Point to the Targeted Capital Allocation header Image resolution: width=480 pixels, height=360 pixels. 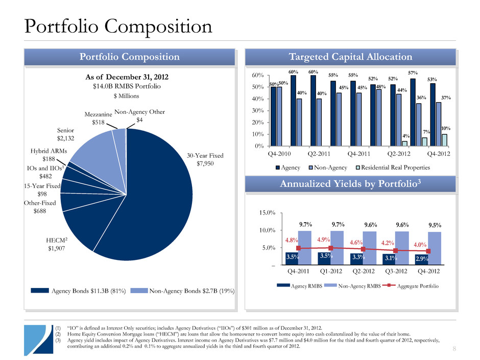(350, 57)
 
